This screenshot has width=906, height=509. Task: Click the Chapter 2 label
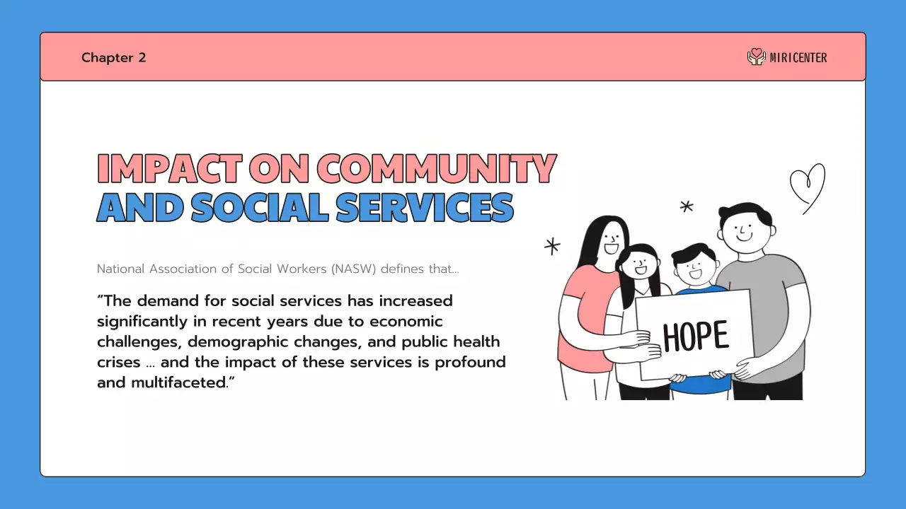(x=113, y=58)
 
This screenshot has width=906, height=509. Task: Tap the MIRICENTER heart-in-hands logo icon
(x=757, y=57)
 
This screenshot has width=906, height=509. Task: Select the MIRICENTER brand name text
(x=798, y=58)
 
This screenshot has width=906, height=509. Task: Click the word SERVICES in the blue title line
(x=425, y=207)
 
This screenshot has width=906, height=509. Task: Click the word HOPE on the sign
(x=695, y=337)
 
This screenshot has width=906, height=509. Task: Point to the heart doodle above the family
(x=808, y=185)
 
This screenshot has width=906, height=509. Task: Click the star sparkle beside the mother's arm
(x=552, y=246)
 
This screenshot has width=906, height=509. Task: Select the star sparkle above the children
(x=686, y=206)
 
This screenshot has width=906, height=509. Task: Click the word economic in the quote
(x=408, y=322)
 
